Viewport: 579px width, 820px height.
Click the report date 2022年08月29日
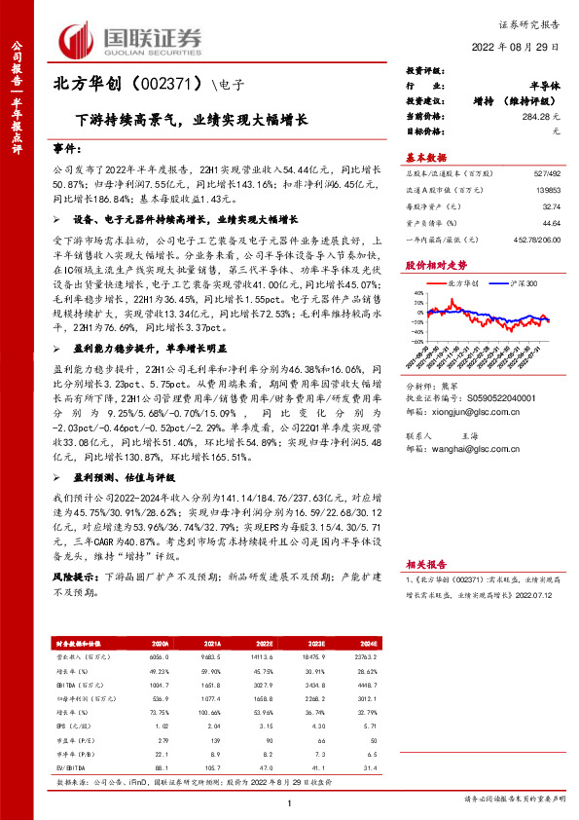click(522, 47)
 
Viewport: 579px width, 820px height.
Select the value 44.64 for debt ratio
click(551, 223)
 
